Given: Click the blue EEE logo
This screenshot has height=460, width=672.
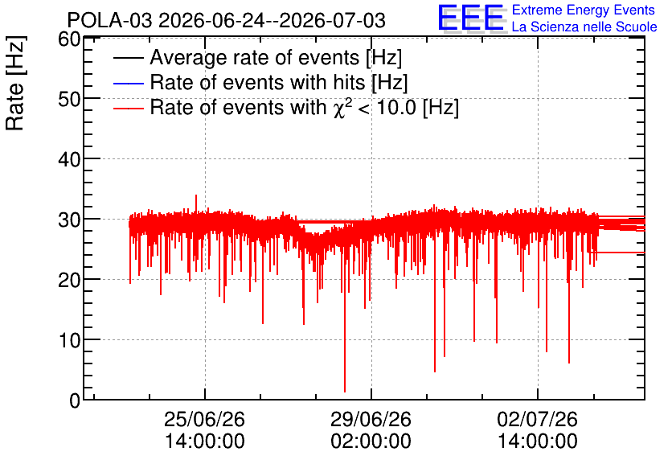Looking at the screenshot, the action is (472, 18).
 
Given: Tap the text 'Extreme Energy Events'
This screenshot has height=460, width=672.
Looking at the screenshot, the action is (584, 10).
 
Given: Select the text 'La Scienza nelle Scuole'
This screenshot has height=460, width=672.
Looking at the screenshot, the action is (584, 27).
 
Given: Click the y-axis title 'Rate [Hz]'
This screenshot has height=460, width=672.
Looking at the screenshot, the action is (15, 83).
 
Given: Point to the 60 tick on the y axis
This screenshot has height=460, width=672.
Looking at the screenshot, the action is (69, 39).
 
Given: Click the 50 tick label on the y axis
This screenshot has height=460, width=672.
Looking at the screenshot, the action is (69, 99).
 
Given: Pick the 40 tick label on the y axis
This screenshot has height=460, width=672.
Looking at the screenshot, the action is (69, 159).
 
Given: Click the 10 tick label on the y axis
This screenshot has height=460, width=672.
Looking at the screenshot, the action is (69, 340).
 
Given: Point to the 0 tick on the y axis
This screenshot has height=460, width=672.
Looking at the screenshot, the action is (75, 400).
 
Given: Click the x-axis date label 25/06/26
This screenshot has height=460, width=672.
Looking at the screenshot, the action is (204, 419).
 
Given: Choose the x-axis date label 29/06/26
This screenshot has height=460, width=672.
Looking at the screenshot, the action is (371, 419).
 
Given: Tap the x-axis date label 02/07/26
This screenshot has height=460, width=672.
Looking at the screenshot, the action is (538, 419).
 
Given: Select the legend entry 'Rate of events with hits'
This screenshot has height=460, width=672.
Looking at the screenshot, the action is (279, 83).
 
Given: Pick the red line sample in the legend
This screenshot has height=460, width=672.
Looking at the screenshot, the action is (129, 109).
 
